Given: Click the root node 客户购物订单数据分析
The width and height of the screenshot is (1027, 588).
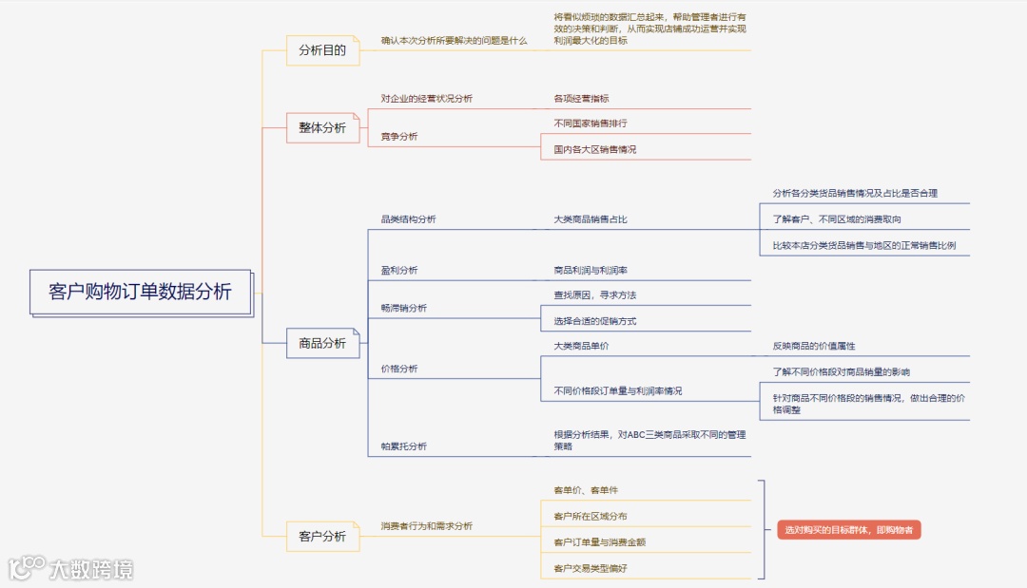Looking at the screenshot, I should coord(140,292).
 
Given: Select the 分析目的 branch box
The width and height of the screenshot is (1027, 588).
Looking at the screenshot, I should coord(322,50).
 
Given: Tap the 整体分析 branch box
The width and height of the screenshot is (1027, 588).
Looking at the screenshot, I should coord(322,127).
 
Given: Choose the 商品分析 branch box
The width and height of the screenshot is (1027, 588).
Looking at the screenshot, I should coord(322,343).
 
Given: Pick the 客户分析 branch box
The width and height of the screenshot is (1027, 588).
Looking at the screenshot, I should coord(322,537).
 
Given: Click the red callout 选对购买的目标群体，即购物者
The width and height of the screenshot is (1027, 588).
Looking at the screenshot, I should coord(848,530).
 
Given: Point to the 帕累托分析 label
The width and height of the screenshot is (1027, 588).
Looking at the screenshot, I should coord(404,446).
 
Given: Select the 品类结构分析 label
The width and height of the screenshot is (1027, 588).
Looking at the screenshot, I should coord(409,219).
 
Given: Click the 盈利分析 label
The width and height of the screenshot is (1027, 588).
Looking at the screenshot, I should coord(399,270).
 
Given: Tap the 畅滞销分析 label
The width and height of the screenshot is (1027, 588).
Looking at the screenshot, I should coord(404,308).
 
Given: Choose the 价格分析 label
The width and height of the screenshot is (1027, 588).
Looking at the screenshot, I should coord(399,369).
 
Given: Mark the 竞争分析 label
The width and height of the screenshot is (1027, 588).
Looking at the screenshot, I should coord(399,137).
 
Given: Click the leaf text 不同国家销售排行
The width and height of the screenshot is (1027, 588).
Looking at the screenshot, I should coord(591,123).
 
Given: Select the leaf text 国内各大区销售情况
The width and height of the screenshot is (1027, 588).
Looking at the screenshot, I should coord(595,149).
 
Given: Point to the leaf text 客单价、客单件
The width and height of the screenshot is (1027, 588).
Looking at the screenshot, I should coord(586,490).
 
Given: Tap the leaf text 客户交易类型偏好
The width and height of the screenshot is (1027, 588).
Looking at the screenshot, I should coord(591,568).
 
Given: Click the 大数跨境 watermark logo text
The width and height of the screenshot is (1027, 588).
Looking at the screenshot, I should coord(91,569).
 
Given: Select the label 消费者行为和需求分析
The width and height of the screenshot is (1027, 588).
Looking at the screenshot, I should coord(427,525).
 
